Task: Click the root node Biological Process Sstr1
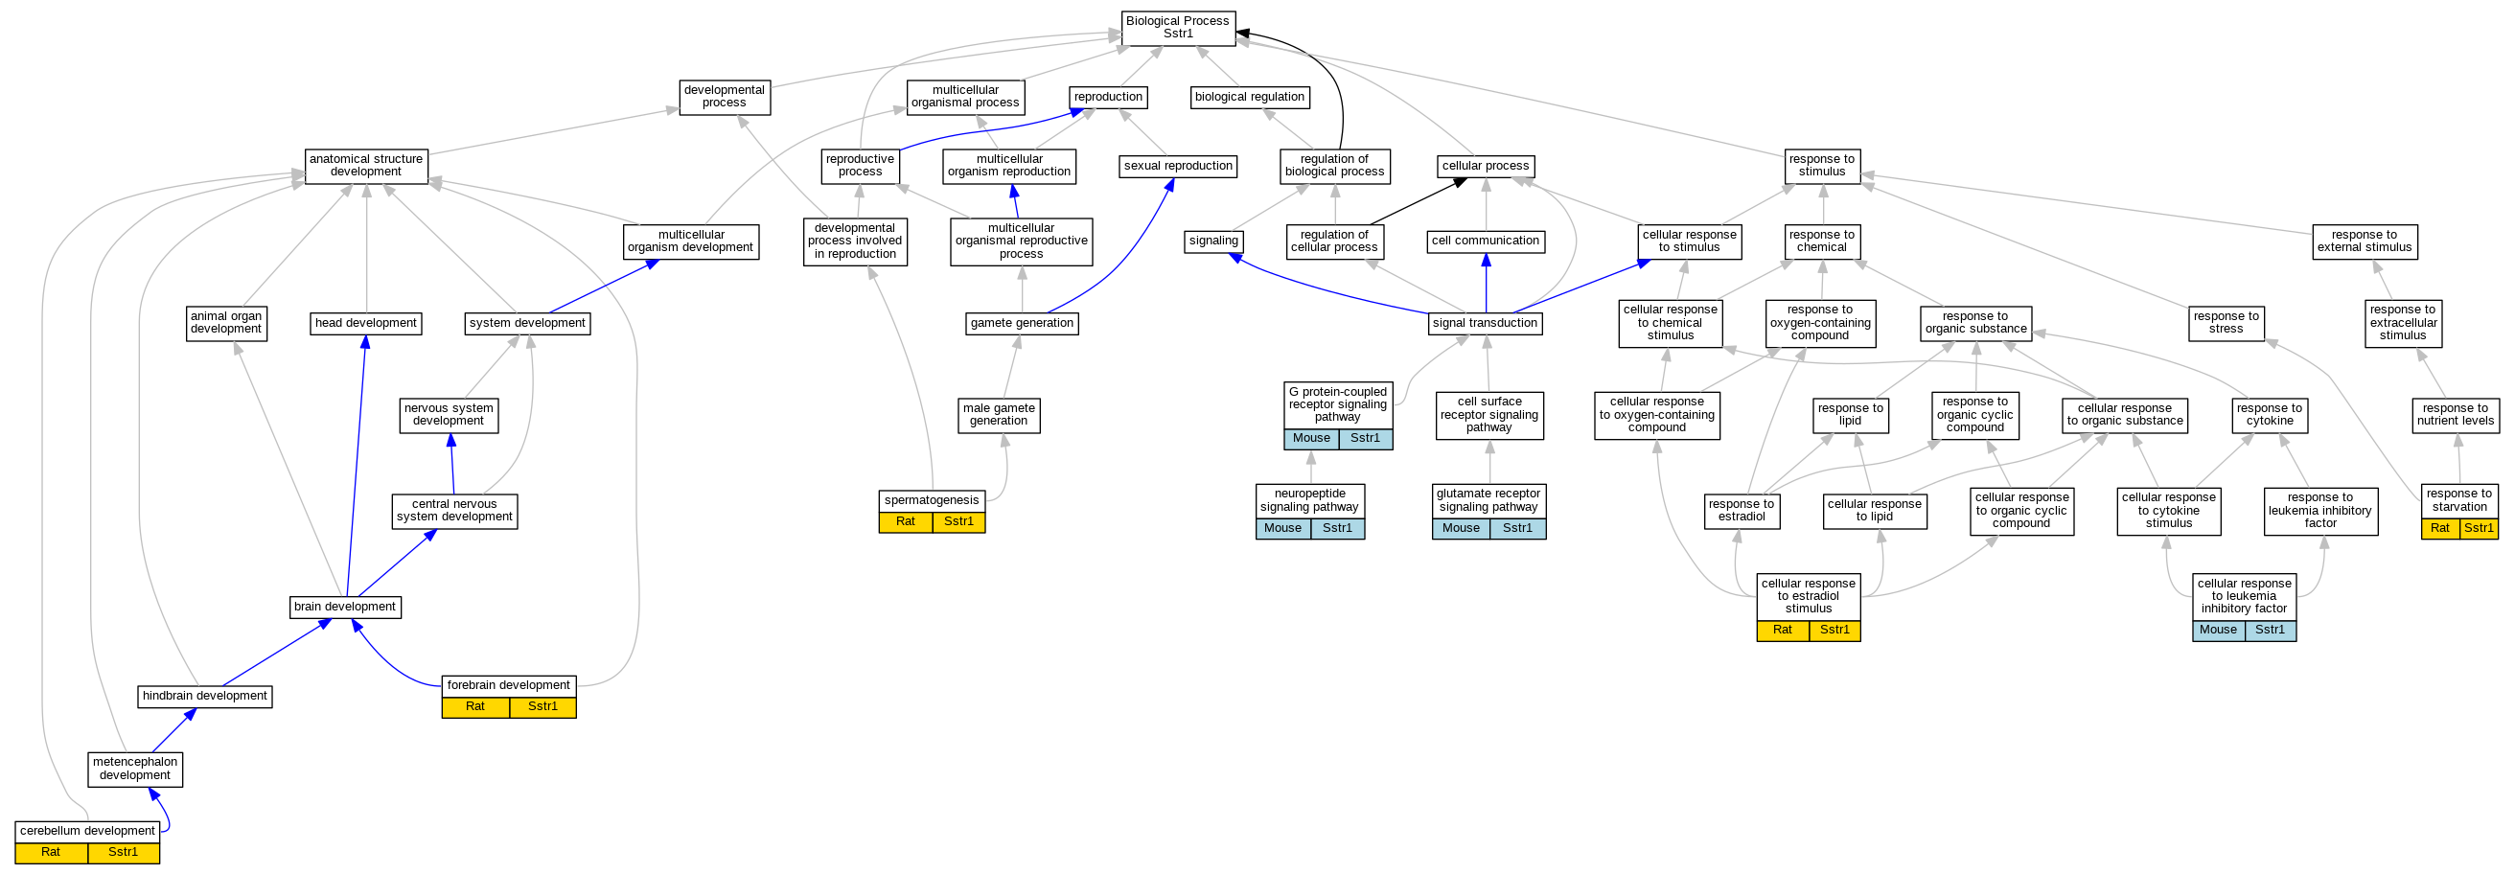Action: (1177, 28)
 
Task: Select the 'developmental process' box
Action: (724, 97)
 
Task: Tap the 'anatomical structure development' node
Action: (365, 165)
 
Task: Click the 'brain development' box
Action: (345, 607)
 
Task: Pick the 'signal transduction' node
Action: (1484, 323)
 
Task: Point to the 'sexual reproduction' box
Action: (1177, 166)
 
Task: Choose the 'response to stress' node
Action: (2225, 322)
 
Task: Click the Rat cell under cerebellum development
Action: (51, 853)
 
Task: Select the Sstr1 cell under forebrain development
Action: (542, 707)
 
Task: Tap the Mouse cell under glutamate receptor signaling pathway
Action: (1461, 528)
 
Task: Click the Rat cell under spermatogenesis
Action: (905, 521)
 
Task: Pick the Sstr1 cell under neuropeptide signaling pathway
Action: (1337, 528)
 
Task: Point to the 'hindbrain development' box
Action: (204, 697)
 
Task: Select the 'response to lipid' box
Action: (1849, 415)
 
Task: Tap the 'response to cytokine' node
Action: (2269, 415)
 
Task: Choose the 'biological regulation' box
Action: (1249, 97)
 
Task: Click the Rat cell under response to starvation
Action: (2440, 528)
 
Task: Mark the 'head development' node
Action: (365, 323)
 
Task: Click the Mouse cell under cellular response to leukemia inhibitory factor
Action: (2217, 630)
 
